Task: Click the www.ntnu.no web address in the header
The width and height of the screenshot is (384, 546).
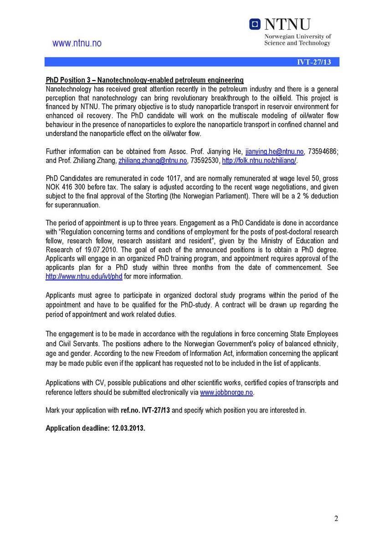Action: pos(77,44)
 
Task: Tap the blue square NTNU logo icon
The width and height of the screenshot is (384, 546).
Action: pos(255,24)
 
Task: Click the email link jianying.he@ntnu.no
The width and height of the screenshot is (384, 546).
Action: pos(274,152)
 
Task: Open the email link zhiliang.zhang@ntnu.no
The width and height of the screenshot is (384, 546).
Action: pos(153,161)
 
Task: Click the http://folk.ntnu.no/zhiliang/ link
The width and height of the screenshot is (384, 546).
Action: pos(259,161)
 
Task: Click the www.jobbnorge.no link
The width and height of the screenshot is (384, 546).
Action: pos(226,392)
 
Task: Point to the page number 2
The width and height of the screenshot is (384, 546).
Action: pos(336,519)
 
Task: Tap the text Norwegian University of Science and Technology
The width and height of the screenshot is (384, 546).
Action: pos(297,40)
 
